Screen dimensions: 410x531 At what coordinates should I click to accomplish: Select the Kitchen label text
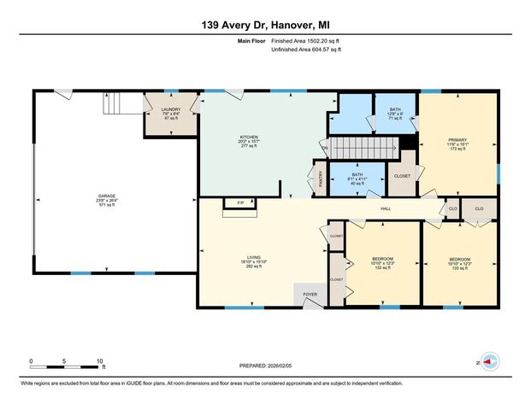point(248,142)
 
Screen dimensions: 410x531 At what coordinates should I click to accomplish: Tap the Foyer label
point(310,295)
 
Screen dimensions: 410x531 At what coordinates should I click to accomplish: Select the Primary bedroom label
point(457,143)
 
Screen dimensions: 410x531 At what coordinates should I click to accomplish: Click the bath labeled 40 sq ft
point(357,179)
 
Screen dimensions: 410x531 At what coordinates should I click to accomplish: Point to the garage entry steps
point(126,103)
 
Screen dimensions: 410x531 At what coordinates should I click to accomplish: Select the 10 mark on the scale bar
point(100,361)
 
